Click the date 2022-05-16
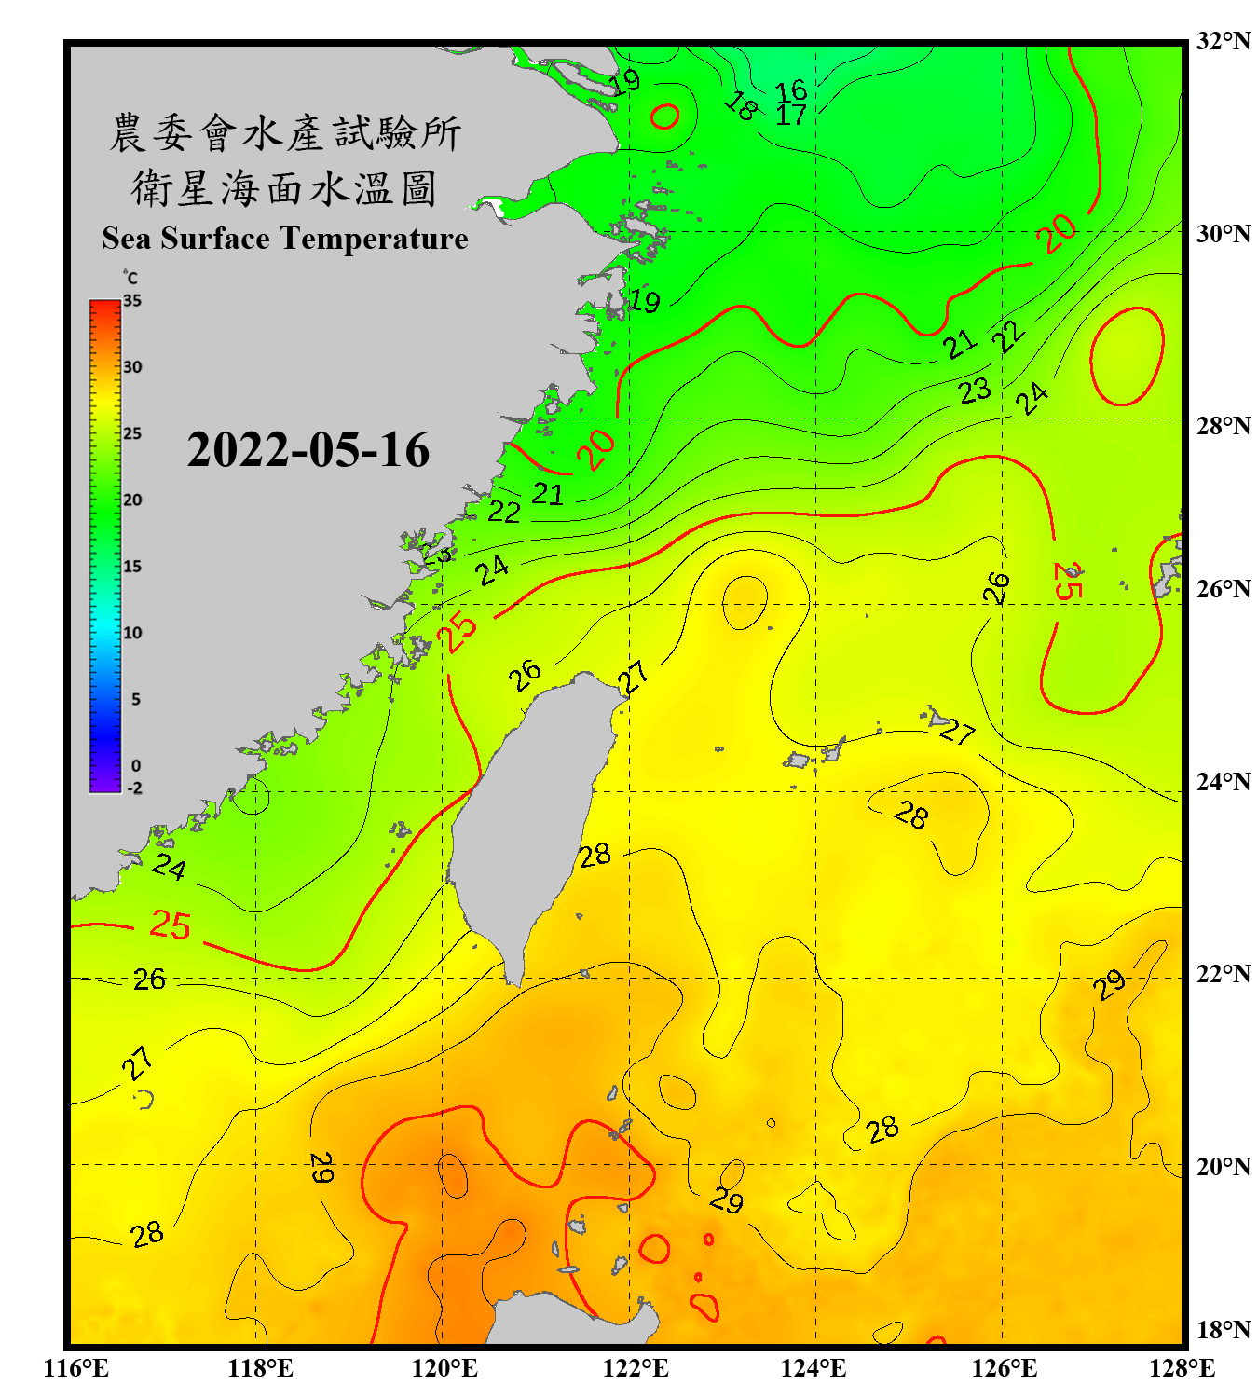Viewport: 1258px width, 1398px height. (x=308, y=450)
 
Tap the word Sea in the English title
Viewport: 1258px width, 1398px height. (x=128, y=239)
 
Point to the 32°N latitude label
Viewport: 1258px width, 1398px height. (x=1223, y=40)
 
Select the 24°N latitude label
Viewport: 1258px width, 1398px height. (x=1223, y=781)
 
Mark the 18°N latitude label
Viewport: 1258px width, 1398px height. (x=1223, y=1329)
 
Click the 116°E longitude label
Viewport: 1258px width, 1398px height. (x=75, y=1368)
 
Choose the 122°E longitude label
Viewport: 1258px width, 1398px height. (x=636, y=1368)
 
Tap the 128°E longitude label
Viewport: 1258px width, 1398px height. (x=1182, y=1368)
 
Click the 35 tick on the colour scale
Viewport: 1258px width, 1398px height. (x=132, y=300)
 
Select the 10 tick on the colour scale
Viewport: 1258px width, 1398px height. (x=132, y=633)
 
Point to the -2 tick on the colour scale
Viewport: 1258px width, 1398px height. (x=134, y=788)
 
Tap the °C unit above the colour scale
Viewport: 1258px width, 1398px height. (x=130, y=278)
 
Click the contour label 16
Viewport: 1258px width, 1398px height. (x=791, y=89)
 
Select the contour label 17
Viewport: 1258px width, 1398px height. (x=791, y=115)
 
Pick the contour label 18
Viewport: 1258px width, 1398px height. (x=741, y=106)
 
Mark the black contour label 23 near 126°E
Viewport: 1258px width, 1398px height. (x=975, y=391)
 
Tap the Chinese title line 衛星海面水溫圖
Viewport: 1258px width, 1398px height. (x=284, y=188)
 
